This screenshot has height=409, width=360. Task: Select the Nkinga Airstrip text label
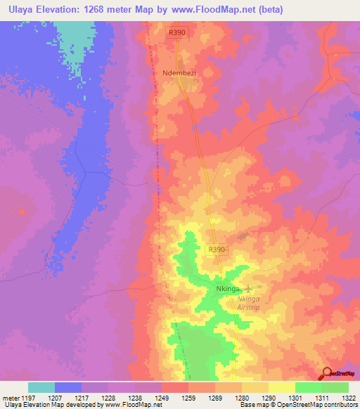click(x=253, y=302)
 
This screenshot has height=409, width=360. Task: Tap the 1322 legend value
click(x=349, y=398)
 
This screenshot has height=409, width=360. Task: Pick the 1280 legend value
click(x=240, y=398)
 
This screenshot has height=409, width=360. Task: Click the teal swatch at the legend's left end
click(x=41, y=387)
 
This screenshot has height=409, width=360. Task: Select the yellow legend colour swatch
click(x=281, y=387)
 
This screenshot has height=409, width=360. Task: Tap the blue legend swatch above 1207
click(x=68, y=387)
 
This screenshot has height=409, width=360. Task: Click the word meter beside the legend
click(x=8, y=398)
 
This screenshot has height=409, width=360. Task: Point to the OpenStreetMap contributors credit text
click(x=316, y=405)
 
